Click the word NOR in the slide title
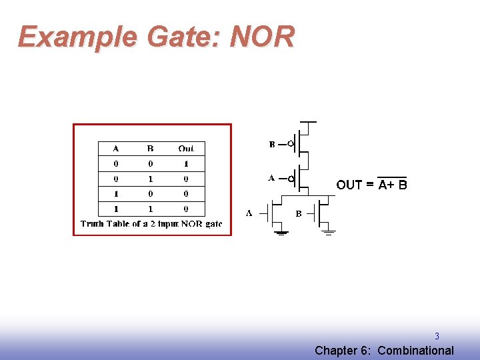coord(261,37)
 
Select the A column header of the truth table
coord(116,148)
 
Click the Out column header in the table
coord(186,148)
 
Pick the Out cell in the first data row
coord(186,163)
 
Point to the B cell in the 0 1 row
coord(150,179)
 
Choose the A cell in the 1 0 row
coord(116,194)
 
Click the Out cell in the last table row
coord(186,209)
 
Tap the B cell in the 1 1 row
coord(150,209)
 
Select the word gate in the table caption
coord(213,224)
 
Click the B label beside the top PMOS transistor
coord(272,144)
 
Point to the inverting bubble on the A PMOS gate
coord(291,179)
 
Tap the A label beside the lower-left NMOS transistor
coord(249,213)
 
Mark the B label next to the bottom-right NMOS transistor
coord(299,214)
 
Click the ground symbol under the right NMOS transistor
coord(328,233)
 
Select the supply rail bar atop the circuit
coord(308,123)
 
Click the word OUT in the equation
coord(349,185)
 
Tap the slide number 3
coord(437,337)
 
